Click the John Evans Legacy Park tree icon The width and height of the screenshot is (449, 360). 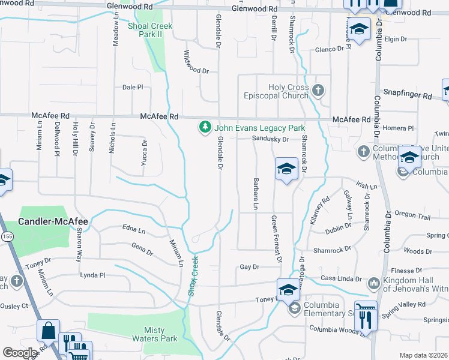pos(205,127)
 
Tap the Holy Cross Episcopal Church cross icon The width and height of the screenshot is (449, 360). pos(318,91)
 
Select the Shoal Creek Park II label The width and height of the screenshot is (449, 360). pos(149,30)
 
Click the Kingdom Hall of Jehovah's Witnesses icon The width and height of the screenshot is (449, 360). pos(373,282)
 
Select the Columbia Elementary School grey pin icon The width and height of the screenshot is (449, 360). pos(294,309)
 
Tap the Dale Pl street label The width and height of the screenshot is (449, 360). pos(133,87)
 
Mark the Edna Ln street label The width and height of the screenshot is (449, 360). pos(133,230)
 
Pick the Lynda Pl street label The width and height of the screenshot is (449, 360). pos(92,275)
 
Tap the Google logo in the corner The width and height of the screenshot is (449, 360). pos(20,353)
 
